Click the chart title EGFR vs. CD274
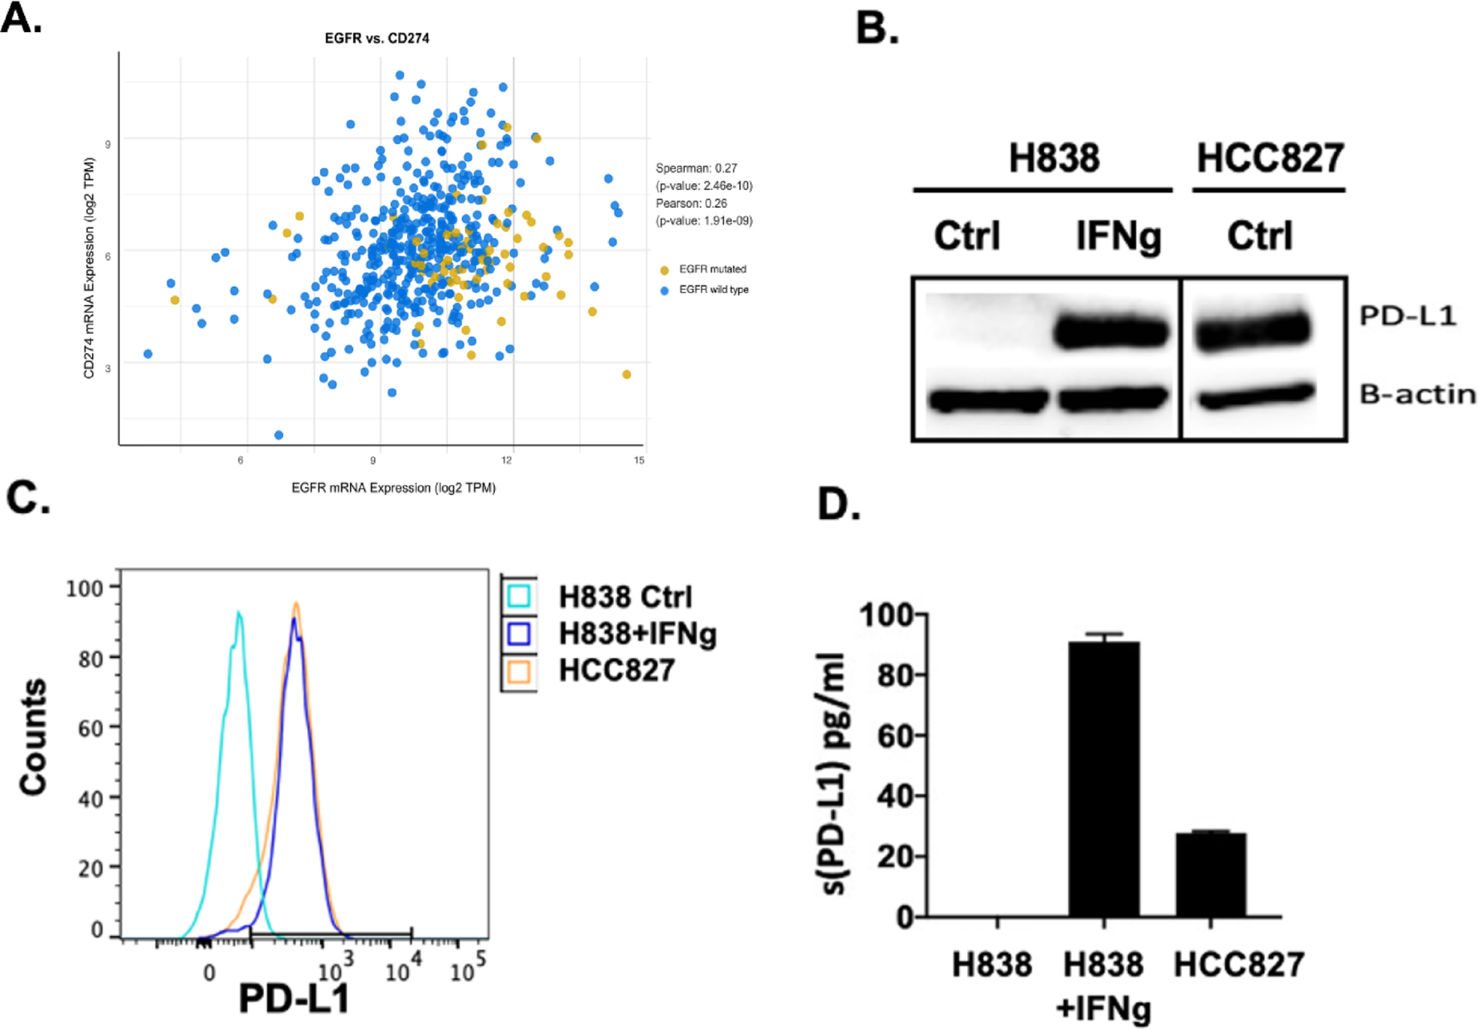coord(376,38)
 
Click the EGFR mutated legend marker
coord(664,270)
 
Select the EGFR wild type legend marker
coord(664,290)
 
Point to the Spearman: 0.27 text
coord(696,168)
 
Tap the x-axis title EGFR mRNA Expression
coord(393,488)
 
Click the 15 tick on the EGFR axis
coord(639,460)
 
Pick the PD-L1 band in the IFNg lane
coord(1111,333)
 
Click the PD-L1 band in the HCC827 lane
coord(1252,330)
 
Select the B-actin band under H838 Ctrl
coord(986,400)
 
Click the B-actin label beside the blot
coord(1417,395)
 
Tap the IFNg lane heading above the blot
coord(1118,236)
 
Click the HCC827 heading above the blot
coord(1270,158)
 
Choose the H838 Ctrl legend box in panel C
coord(519,596)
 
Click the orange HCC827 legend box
coord(519,670)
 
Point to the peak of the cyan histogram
coord(238,613)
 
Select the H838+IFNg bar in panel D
coord(1103,779)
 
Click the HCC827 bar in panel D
coord(1210,874)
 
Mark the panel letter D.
coord(838,504)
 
